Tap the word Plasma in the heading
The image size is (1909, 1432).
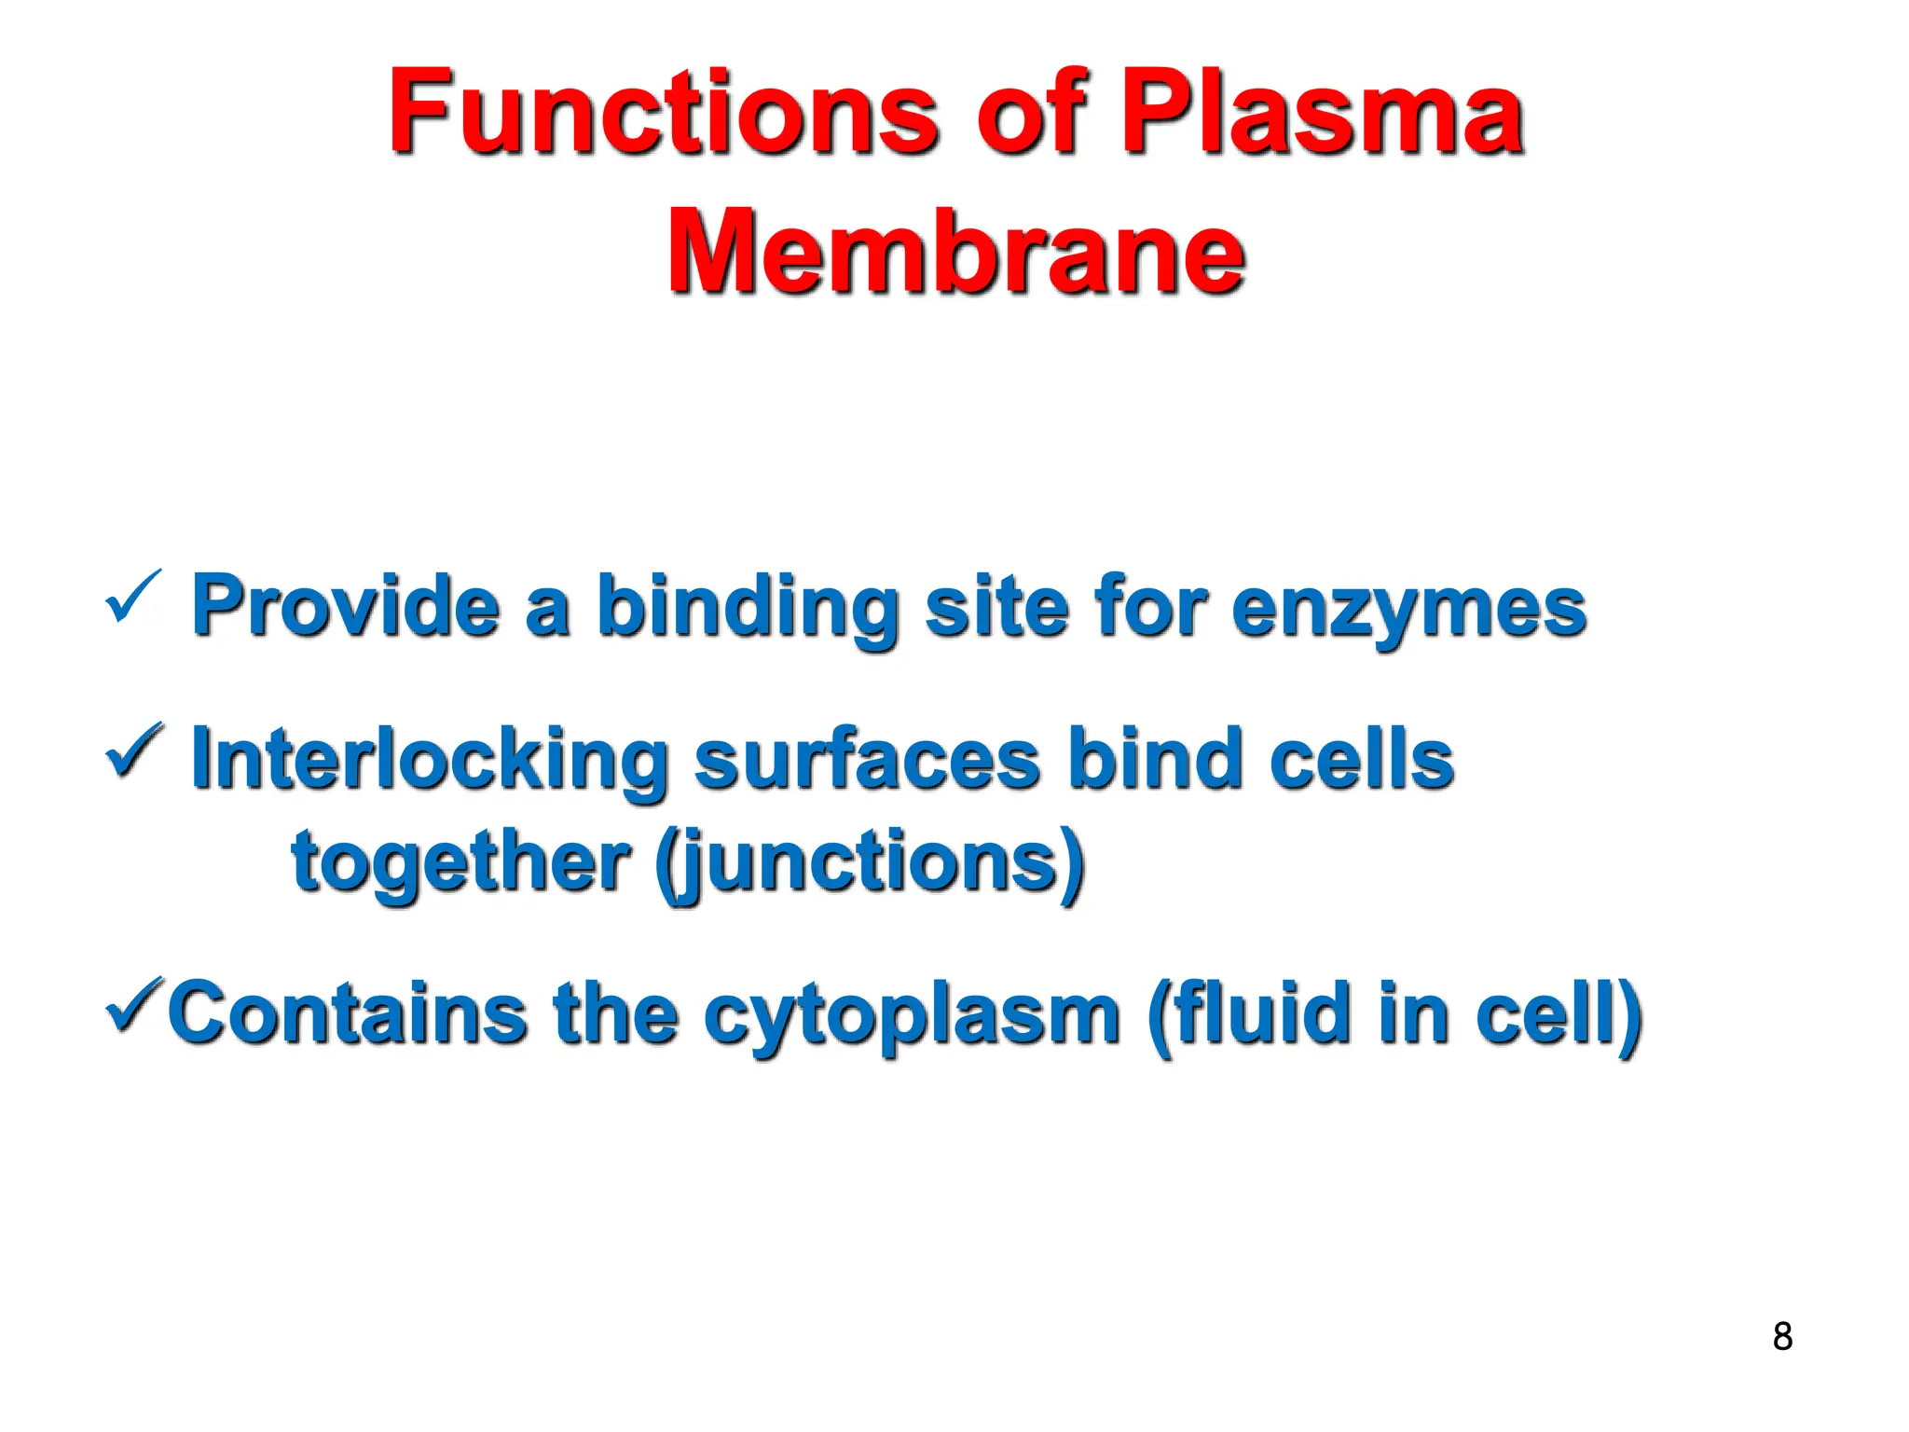[1321, 114]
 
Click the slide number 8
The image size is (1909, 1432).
[1782, 1336]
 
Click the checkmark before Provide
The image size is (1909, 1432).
[133, 598]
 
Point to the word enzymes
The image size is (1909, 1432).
[1408, 609]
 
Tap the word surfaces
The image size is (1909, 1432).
[867, 760]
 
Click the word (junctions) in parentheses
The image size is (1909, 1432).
[871, 862]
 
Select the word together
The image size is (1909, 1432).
[461, 862]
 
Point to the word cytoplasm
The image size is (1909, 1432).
[911, 1016]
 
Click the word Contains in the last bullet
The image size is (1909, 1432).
[348, 1012]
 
